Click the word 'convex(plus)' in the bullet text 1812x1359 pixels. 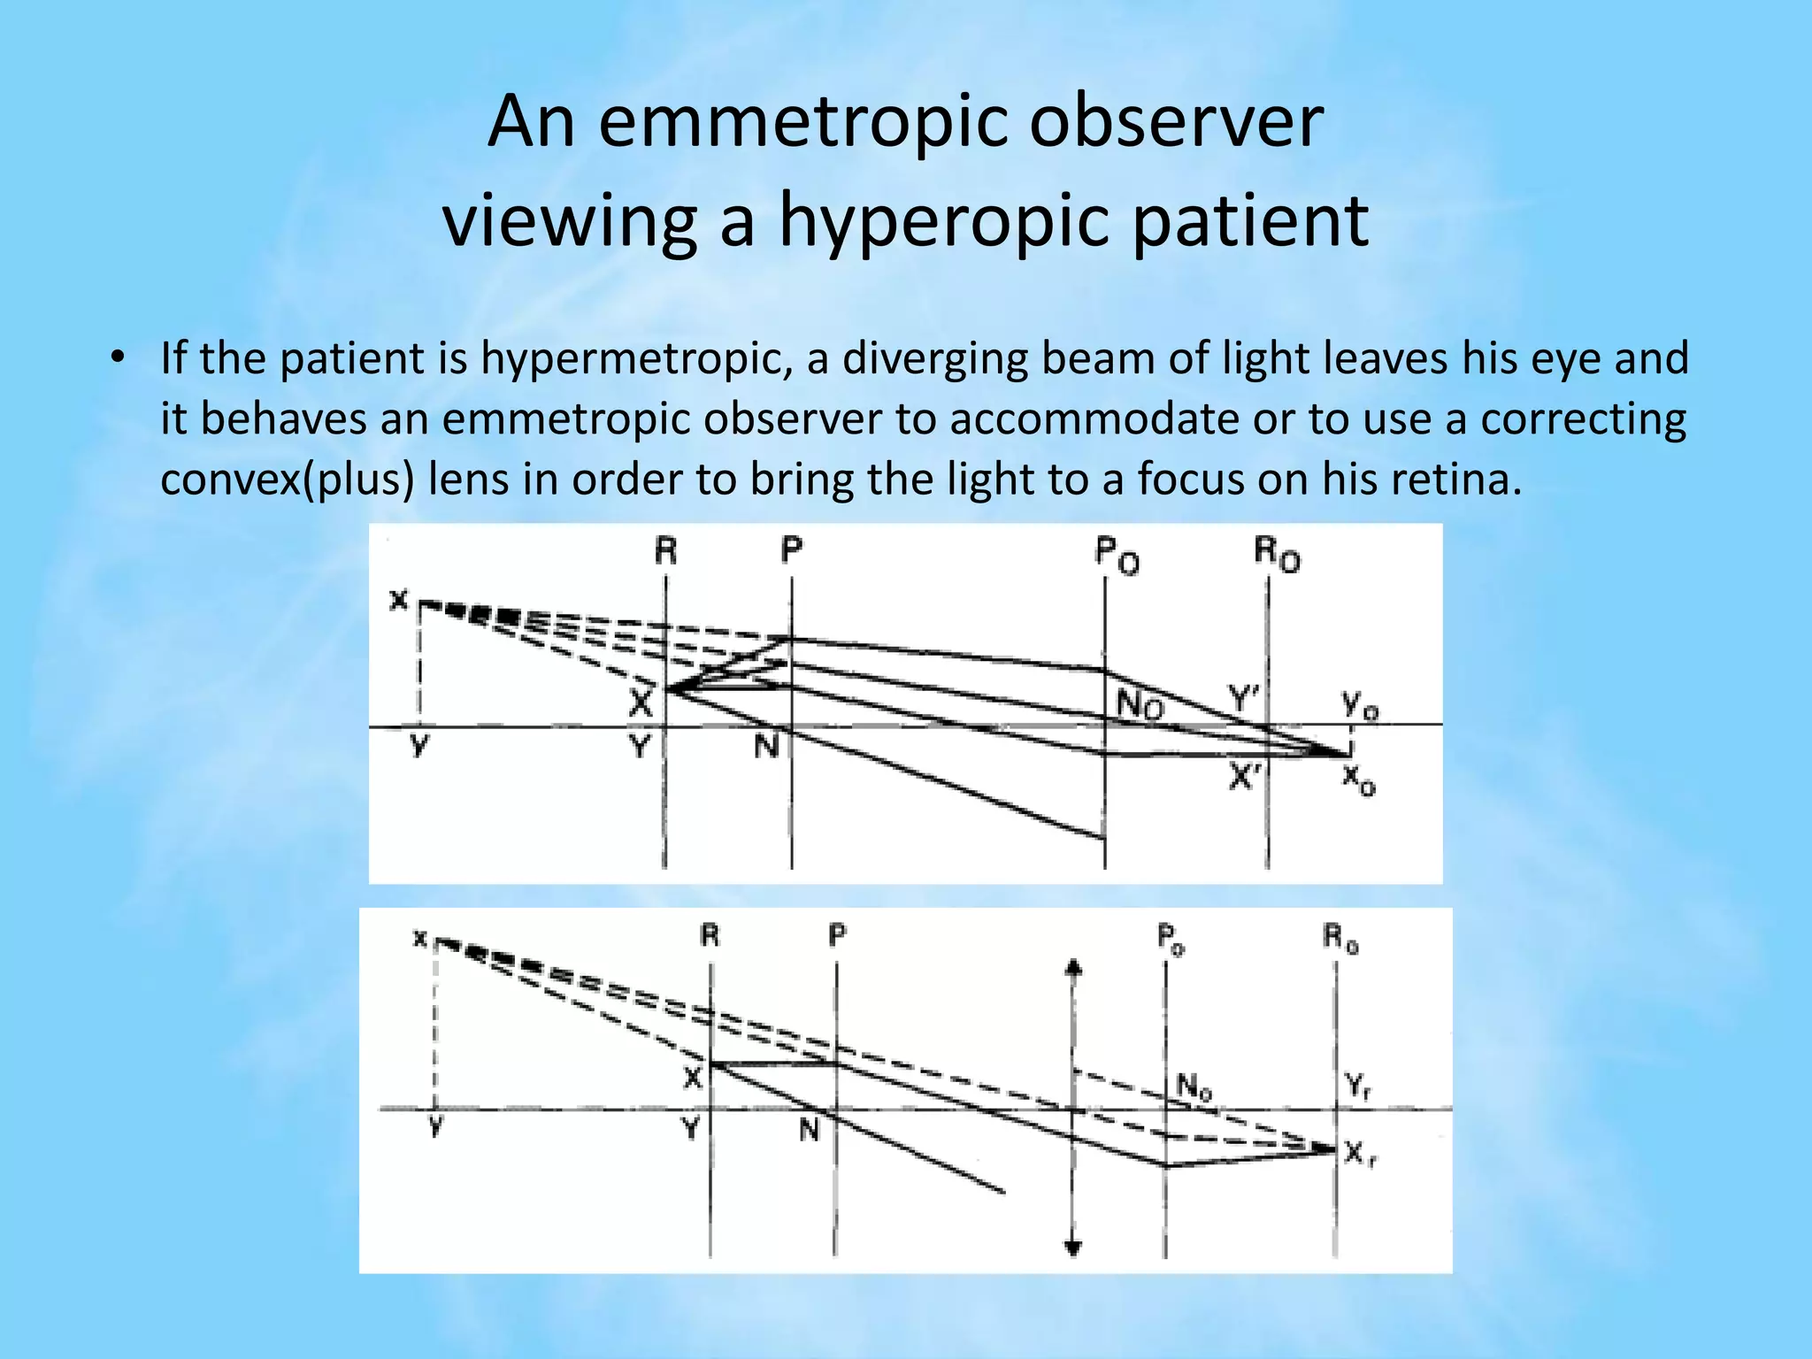(x=288, y=479)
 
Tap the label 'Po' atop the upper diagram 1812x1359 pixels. (x=1117, y=556)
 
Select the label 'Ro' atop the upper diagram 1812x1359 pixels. (x=1277, y=555)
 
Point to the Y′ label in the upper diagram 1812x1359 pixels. (x=1244, y=698)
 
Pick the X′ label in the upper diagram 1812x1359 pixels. (x=1244, y=777)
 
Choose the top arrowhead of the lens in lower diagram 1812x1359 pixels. (x=1073, y=967)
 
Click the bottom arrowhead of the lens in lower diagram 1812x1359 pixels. (x=1073, y=1248)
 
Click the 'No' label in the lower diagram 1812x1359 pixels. (x=1194, y=1087)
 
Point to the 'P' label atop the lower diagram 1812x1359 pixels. (x=837, y=934)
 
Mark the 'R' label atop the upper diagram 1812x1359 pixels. (x=665, y=551)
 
